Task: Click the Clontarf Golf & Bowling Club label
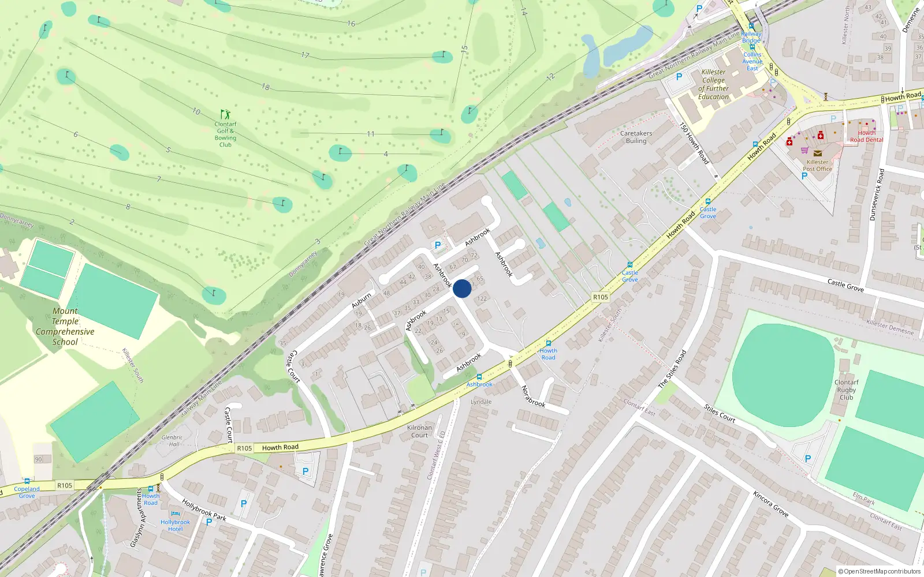point(225,134)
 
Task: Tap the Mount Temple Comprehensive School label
point(65,327)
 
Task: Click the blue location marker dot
point(462,288)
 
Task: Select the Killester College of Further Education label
point(713,85)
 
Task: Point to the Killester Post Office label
point(817,166)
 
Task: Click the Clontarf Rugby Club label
point(846,389)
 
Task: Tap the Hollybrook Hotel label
point(175,526)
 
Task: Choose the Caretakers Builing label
point(636,137)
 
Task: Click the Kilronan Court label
point(419,431)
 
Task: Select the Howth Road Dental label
point(866,136)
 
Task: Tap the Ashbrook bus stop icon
point(479,377)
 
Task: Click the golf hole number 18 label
point(265,87)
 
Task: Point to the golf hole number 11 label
point(371,134)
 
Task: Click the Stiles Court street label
point(720,413)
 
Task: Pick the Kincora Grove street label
point(770,503)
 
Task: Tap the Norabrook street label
point(533,396)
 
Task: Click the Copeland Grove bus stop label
point(27,492)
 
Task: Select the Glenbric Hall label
point(172,441)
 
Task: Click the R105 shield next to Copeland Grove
point(65,485)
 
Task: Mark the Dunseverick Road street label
point(877,194)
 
